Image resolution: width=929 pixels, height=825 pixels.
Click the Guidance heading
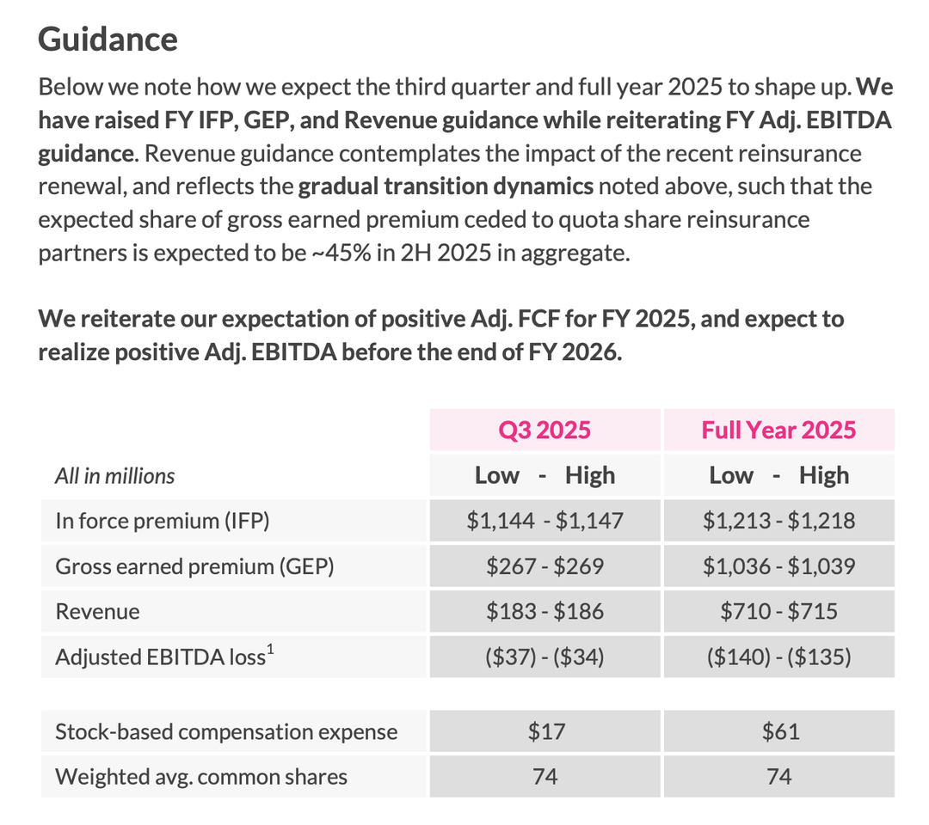click(x=108, y=40)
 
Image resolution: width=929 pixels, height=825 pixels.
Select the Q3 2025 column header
click(x=544, y=430)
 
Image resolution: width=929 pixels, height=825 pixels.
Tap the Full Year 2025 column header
click(x=778, y=430)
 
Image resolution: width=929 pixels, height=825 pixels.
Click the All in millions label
click(x=114, y=476)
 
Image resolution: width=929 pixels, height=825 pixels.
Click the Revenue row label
click(x=97, y=612)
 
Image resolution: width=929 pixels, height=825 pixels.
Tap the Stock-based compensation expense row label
click(x=226, y=732)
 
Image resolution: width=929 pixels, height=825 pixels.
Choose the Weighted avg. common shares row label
click(x=201, y=777)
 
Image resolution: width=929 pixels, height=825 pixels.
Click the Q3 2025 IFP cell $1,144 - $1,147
click(x=544, y=521)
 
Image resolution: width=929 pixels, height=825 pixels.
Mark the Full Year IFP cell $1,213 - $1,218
click(x=778, y=521)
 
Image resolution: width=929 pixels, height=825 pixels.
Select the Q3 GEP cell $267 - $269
click(x=544, y=566)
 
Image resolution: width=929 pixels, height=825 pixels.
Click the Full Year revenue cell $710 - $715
click(x=778, y=612)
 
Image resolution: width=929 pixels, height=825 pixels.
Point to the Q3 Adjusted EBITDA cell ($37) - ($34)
click(x=544, y=657)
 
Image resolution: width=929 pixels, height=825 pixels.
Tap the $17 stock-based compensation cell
click(x=544, y=732)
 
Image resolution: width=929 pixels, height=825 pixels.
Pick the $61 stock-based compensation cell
click(x=778, y=732)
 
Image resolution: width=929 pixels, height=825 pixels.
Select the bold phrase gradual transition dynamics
click(x=446, y=186)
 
